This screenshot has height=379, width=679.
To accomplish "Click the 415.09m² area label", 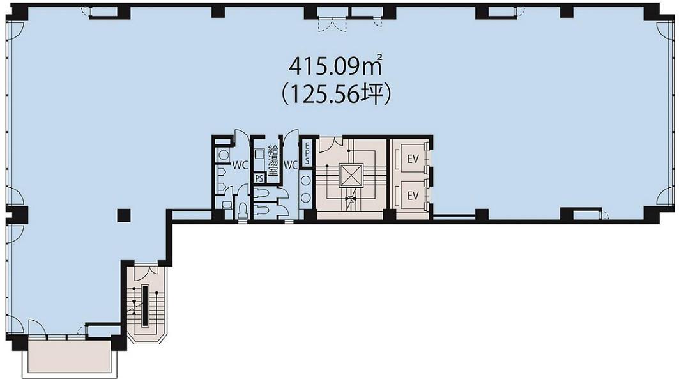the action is click(x=335, y=66).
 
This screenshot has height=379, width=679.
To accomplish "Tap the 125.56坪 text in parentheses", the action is click(x=336, y=95).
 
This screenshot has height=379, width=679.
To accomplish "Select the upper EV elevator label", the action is click(x=413, y=159).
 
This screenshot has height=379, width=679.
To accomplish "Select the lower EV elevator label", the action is click(x=413, y=196).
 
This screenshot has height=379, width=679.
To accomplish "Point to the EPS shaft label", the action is click(x=307, y=153).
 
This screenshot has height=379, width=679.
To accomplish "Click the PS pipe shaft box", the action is click(x=259, y=178).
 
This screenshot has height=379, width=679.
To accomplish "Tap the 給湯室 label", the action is click(x=273, y=160).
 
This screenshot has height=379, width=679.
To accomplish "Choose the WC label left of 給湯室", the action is click(x=240, y=165).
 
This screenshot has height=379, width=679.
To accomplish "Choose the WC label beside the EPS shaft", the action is click(x=291, y=165).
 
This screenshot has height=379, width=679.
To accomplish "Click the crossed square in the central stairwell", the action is click(x=350, y=176).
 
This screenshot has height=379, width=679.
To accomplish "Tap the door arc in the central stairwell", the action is click(x=326, y=144).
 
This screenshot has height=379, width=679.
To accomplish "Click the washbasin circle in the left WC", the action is click(x=224, y=154).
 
